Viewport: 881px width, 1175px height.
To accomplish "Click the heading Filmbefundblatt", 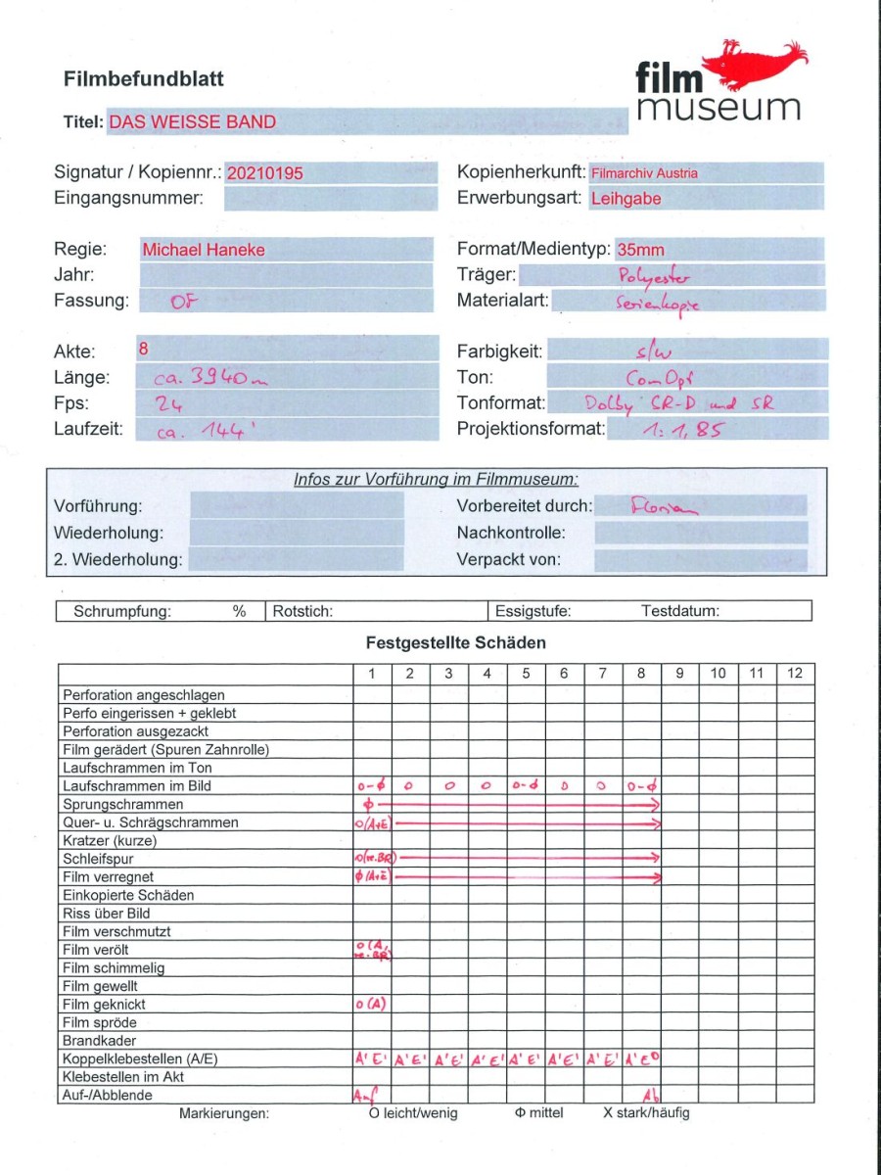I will tap(144, 79).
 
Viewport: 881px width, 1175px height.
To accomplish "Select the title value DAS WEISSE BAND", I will tap(192, 122).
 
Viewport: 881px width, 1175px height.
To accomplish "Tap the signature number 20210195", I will tap(264, 173).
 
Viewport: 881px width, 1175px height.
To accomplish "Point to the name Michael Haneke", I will tap(204, 250).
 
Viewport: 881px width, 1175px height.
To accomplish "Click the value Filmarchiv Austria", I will tap(644, 173).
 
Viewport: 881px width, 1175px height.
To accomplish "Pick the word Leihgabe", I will tap(626, 199).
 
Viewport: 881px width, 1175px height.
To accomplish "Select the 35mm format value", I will tap(641, 250).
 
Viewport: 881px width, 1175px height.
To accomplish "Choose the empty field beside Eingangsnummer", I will tap(330, 199).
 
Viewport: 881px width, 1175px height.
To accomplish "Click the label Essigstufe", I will tap(533, 611).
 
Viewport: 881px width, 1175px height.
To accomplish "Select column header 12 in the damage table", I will tap(795, 673).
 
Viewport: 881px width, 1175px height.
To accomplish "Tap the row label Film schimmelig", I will tap(114, 967).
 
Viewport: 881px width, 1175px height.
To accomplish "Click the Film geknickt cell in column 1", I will tap(372, 1004).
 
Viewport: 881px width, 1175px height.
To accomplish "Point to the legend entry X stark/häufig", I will tap(646, 1113).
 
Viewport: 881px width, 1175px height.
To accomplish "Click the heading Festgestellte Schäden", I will tap(456, 642).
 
